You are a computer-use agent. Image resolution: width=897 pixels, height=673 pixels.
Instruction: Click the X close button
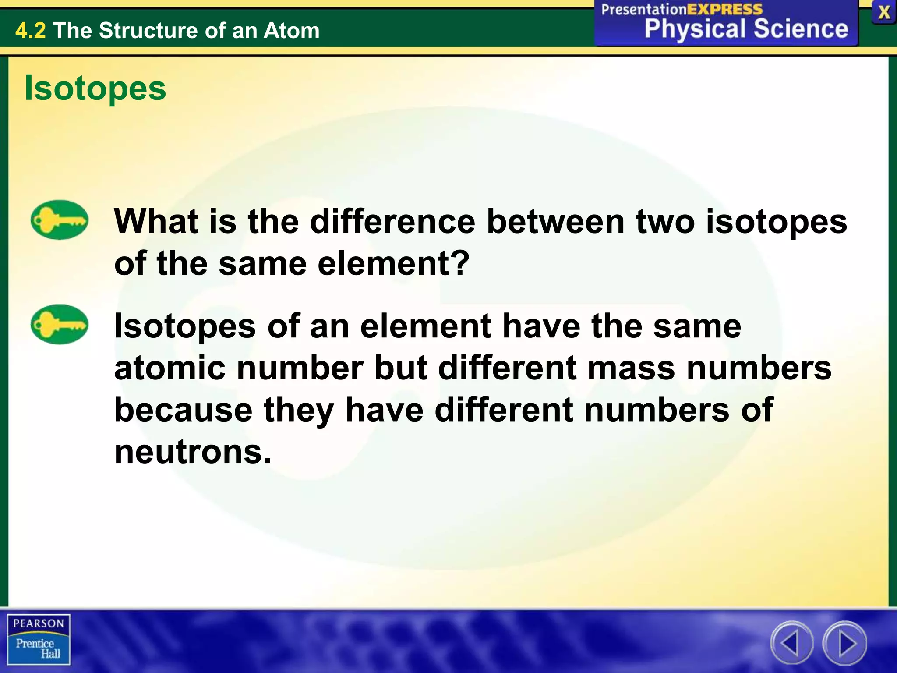click(884, 12)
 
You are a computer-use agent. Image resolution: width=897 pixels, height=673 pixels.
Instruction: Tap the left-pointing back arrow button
click(791, 643)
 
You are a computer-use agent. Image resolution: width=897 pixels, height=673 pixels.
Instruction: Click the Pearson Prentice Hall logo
click(39, 640)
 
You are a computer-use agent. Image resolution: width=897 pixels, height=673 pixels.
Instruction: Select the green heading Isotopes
click(95, 88)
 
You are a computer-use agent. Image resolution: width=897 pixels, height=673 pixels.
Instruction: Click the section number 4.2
click(30, 31)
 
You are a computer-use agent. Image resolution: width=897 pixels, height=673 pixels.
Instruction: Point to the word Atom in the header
click(291, 31)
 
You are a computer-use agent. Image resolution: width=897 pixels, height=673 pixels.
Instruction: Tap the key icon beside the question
click(59, 220)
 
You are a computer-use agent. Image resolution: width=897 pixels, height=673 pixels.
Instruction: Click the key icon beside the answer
click(59, 324)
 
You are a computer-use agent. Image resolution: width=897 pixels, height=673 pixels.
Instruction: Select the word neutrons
click(193, 452)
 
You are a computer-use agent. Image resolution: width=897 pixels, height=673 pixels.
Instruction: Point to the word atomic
click(170, 368)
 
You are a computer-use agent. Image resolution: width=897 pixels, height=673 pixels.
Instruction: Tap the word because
click(184, 410)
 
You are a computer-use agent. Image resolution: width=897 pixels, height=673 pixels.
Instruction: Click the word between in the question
click(555, 221)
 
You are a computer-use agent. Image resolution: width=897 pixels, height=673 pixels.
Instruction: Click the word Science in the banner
click(801, 29)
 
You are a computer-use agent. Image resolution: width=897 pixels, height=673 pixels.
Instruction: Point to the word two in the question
click(665, 221)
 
